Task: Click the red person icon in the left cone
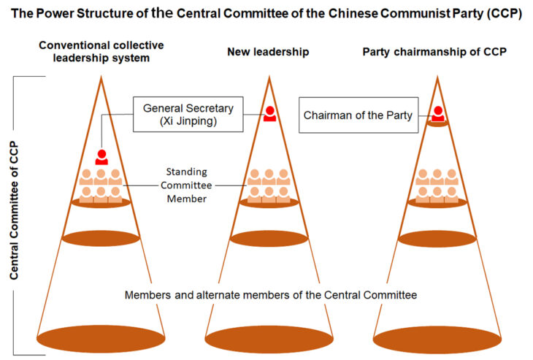101,157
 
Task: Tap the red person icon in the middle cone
269,113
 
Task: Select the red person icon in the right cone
437,113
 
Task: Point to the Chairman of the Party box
358,115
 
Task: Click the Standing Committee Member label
185,185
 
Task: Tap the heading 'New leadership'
268,52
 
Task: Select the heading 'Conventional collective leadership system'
101,52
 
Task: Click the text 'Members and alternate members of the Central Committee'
271,295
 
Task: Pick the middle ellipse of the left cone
101,239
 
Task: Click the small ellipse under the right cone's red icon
437,124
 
